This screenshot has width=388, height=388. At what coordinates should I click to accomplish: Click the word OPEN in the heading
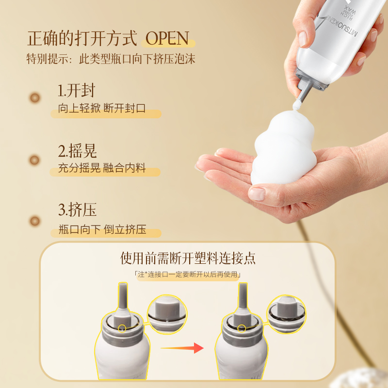click(166, 38)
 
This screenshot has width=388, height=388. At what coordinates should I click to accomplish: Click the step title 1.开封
click(76, 91)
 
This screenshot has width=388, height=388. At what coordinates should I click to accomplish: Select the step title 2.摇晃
click(77, 150)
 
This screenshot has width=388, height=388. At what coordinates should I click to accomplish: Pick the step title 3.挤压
click(77, 210)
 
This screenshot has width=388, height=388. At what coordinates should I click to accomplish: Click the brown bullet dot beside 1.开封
click(35, 98)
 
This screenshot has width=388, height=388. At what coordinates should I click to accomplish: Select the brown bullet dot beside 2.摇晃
click(35, 159)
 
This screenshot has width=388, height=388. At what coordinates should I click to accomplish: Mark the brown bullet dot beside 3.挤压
click(35, 221)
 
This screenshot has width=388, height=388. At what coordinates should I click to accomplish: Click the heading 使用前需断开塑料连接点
click(188, 258)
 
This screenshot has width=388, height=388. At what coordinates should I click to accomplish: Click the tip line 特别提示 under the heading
click(111, 59)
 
